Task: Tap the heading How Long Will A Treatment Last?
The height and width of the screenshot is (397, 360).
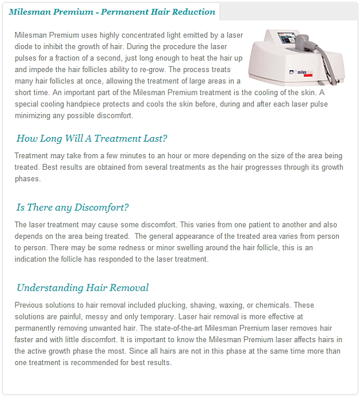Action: click(x=91, y=138)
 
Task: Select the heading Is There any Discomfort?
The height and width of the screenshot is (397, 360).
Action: click(x=73, y=207)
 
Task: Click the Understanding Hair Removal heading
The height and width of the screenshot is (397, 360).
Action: click(x=83, y=288)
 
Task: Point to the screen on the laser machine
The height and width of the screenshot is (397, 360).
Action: click(x=287, y=38)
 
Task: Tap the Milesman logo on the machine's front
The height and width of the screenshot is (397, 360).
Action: click(x=301, y=73)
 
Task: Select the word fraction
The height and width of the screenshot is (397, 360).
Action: click(x=69, y=58)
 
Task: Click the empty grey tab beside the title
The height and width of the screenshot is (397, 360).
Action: click(x=289, y=12)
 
